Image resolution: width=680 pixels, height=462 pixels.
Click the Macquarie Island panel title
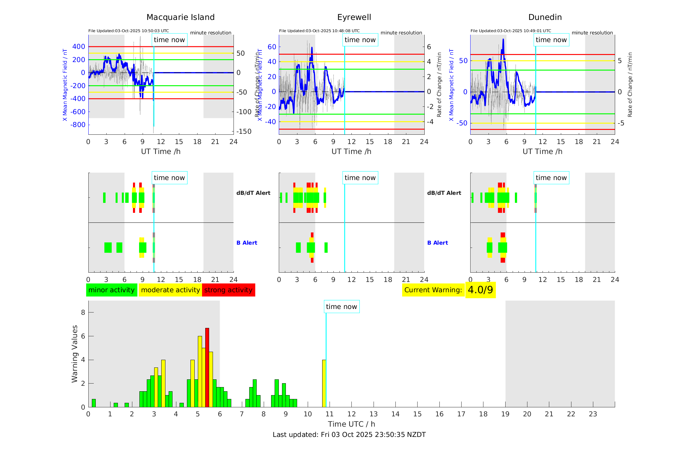pos(181,17)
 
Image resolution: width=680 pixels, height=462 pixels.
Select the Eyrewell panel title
pos(354,17)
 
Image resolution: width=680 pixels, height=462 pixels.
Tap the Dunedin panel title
pos(545,17)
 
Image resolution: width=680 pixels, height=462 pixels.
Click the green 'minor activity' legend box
pos(111,290)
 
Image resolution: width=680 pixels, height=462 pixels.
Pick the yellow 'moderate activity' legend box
pos(170,290)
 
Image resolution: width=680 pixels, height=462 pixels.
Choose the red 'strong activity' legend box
pos(228,290)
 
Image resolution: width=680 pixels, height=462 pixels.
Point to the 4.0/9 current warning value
pos(480,290)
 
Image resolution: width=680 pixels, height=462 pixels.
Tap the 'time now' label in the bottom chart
pos(341,307)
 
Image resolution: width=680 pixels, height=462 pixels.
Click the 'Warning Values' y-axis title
pos(75,354)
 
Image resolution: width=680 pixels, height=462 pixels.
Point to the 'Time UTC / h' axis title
pos(351,424)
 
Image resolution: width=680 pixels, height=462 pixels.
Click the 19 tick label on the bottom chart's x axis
pos(505,414)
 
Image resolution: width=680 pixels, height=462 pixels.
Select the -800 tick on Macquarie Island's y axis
pos(79,125)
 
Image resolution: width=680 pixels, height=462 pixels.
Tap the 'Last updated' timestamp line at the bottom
pos(349,435)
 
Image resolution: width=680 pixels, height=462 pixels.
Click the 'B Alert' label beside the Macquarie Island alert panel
pos(247,243)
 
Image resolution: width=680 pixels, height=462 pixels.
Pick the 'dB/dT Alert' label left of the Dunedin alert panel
pos(444,193)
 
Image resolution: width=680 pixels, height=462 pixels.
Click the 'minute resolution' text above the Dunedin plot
pos(592,33)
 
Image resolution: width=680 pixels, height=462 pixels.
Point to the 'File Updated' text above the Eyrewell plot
pos(319,31)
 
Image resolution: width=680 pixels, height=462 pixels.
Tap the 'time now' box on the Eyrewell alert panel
pos(360,178)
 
